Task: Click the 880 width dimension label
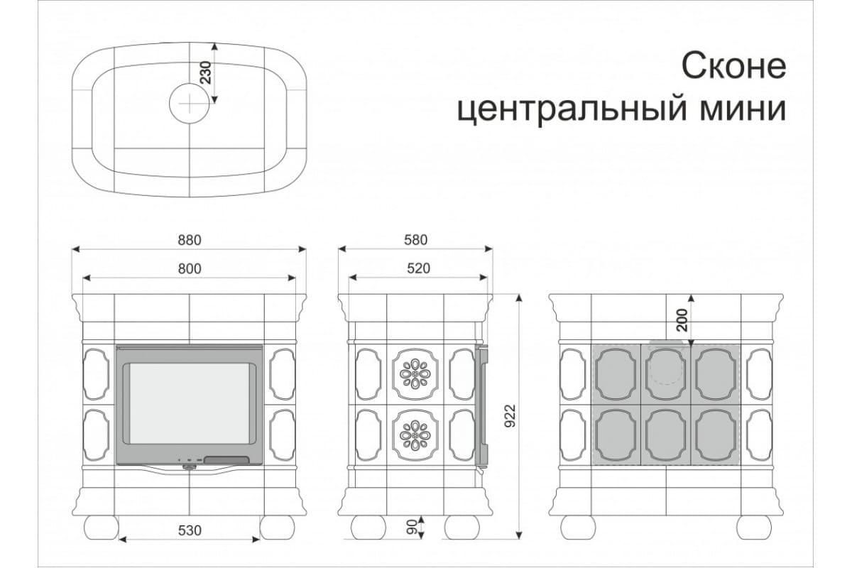(x=190, y=240)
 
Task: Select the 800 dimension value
(x=190, y=269)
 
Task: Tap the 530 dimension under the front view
(x=190, y=530)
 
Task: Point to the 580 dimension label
(x=416, y=240)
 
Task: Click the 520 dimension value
(x=418, y=268)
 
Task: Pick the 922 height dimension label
(x=510, y=415)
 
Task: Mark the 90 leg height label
(x=413, y=528)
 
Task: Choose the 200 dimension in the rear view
(x=683, y=320)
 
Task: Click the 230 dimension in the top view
(x=205, y=72)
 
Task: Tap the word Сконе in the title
(x=733, y=67)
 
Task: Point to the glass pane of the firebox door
(x=190, y=404)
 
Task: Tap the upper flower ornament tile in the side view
(x=415, y=374)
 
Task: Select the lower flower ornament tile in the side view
(x=415, y=435)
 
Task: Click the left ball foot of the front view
(x=101, y=528)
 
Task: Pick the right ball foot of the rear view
(x=754, y=528)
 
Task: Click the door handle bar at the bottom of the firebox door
(x=226, y=460)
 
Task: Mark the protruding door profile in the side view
(x=481, y=406)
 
